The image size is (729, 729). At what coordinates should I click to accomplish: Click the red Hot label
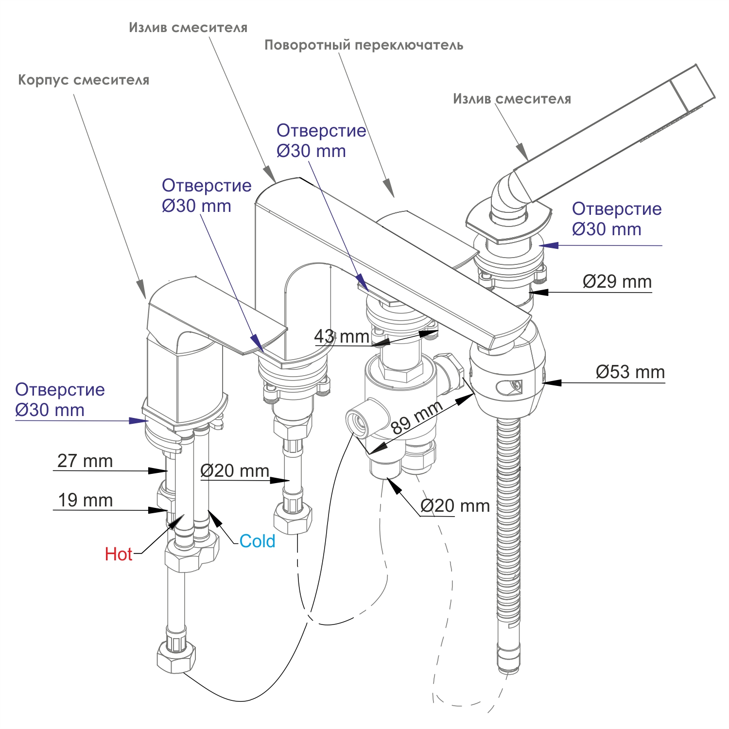coord(119,554)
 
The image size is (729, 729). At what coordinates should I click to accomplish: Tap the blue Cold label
coord(257,541)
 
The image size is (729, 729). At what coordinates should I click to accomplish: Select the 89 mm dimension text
coord(417,418)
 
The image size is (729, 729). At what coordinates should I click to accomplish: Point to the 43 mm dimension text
coord(342,336)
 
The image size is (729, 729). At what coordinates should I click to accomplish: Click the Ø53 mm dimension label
coord(630,372)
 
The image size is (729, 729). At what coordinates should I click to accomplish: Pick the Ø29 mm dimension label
coord(617,282)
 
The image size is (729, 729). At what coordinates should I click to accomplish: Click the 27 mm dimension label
coord(85,461)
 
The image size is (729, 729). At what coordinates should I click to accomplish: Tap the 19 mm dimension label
coord(85,500)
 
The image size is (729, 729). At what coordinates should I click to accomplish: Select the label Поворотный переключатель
coord(364,45)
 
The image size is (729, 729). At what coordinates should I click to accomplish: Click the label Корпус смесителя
coord(84,80)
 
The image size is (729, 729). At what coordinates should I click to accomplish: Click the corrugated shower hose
coord(508,535)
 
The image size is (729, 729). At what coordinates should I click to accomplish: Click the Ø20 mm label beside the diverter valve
coord(455,506)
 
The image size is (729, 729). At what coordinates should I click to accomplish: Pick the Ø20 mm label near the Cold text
coord(235,470)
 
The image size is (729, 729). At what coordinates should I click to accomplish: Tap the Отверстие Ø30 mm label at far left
coord(59,399)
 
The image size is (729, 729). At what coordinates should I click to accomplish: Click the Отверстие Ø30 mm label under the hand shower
coord(616,219)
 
